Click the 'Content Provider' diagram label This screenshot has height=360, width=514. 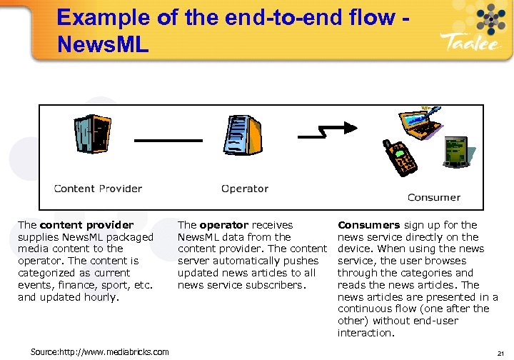pos(98,189)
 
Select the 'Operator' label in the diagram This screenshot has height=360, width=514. pos(244,189)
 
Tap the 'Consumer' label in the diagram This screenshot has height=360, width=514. pos(433,197)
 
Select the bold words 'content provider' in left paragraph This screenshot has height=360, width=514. pos(86,225)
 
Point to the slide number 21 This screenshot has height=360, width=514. pos(500,352)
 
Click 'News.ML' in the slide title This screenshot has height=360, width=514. pos(102,45)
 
